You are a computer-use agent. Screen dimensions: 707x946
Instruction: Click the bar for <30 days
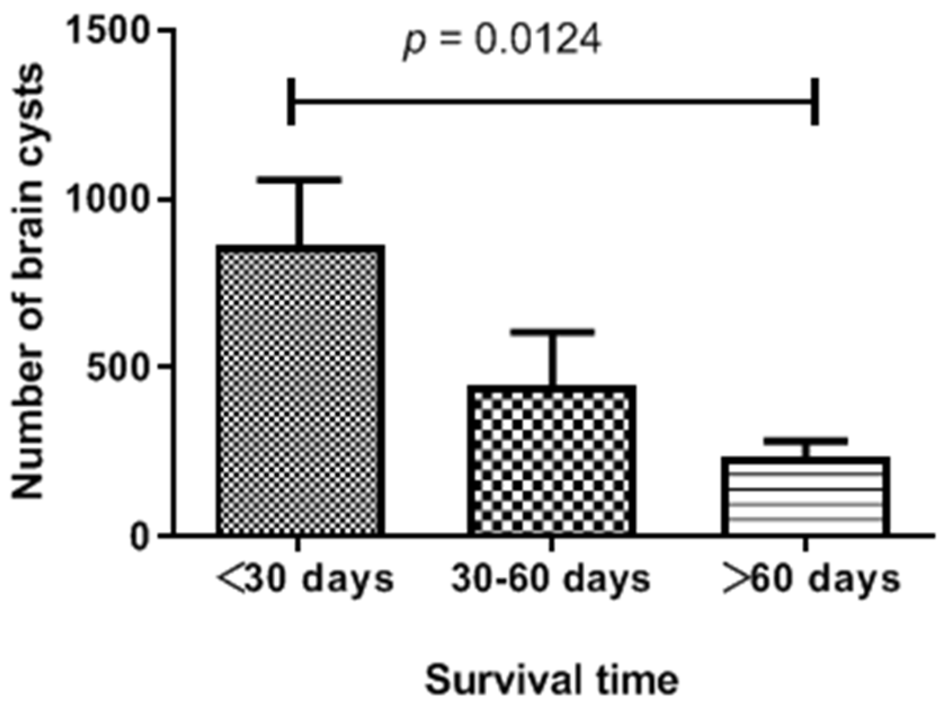coord(301,390)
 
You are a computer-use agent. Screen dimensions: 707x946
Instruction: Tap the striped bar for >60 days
coord(805,496)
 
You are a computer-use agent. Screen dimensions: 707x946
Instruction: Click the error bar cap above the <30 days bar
coord(301,180)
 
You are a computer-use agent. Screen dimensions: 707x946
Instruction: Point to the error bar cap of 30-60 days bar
coord(552,332)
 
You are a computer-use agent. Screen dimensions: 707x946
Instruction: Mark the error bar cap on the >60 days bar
coord(806,441)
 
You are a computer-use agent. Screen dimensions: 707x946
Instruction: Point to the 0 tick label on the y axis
coord(139,536)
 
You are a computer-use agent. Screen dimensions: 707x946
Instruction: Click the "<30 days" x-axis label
coord(305,579)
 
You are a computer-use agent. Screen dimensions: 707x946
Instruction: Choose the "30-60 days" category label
coord(551,579)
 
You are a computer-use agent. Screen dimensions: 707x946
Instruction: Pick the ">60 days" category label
coord(811,579)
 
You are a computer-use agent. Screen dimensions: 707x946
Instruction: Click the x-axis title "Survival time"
coord(551,679)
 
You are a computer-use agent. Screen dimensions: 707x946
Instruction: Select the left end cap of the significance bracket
coord(291,102)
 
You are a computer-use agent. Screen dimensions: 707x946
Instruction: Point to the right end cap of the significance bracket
coord(814,102)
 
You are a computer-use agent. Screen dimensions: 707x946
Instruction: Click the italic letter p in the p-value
coord(414,44)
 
